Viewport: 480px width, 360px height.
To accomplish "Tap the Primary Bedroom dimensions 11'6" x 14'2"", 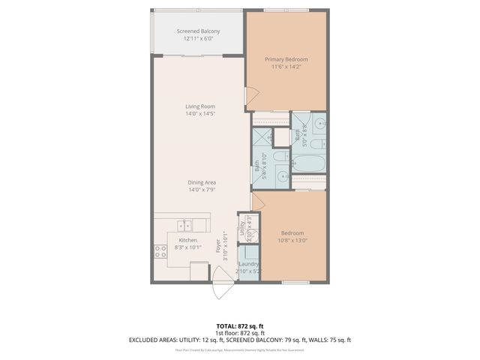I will point(286,67).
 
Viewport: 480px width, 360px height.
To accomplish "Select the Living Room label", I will point(200,106).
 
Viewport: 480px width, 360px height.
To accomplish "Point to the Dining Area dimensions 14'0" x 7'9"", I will point(200,190).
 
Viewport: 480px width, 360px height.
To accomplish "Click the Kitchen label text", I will point(187,240).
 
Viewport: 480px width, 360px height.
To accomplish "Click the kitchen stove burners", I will point(160,252).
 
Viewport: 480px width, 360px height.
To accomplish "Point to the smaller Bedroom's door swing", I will point(257,201).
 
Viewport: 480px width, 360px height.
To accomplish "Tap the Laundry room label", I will point(248,264).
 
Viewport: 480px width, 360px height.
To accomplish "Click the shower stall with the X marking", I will point(262,137).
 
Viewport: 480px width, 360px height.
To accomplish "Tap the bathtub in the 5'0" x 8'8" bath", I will point(308,161).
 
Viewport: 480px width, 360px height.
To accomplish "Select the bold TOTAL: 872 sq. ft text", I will point(239,326).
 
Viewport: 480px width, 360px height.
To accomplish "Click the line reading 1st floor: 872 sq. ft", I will point(239,333).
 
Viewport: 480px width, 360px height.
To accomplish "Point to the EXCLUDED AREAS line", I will point(239,340).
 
